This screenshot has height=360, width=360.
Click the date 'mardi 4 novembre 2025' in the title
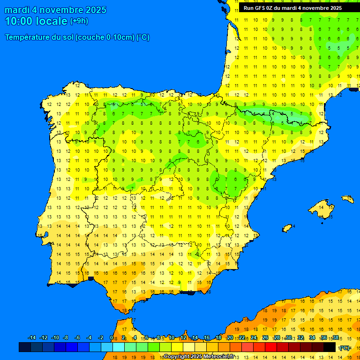pos(55,10)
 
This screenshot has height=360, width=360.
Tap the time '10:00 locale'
pos(36,21)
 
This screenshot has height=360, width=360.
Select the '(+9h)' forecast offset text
pos(79,21)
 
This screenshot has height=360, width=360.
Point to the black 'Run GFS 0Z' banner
pos(292,8)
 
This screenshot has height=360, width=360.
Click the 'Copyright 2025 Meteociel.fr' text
pos(199,356)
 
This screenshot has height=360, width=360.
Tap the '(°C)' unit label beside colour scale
pos(345,347)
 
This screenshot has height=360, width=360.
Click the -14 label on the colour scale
pos(32,338)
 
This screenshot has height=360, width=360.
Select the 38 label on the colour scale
pos(336,338)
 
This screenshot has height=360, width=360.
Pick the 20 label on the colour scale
pos(230,338)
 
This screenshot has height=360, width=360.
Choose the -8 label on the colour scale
pos(66,338)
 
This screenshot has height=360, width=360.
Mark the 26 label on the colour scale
pos(265,338)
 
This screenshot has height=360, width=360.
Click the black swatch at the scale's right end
pos(330,347)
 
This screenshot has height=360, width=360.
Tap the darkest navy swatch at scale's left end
pos(25,347)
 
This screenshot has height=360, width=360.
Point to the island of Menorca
pos(347,199)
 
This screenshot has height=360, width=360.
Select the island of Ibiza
pos(287,228)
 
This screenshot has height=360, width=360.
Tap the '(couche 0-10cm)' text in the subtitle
pos(105,37)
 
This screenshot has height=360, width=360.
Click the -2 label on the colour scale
pos(100,338)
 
